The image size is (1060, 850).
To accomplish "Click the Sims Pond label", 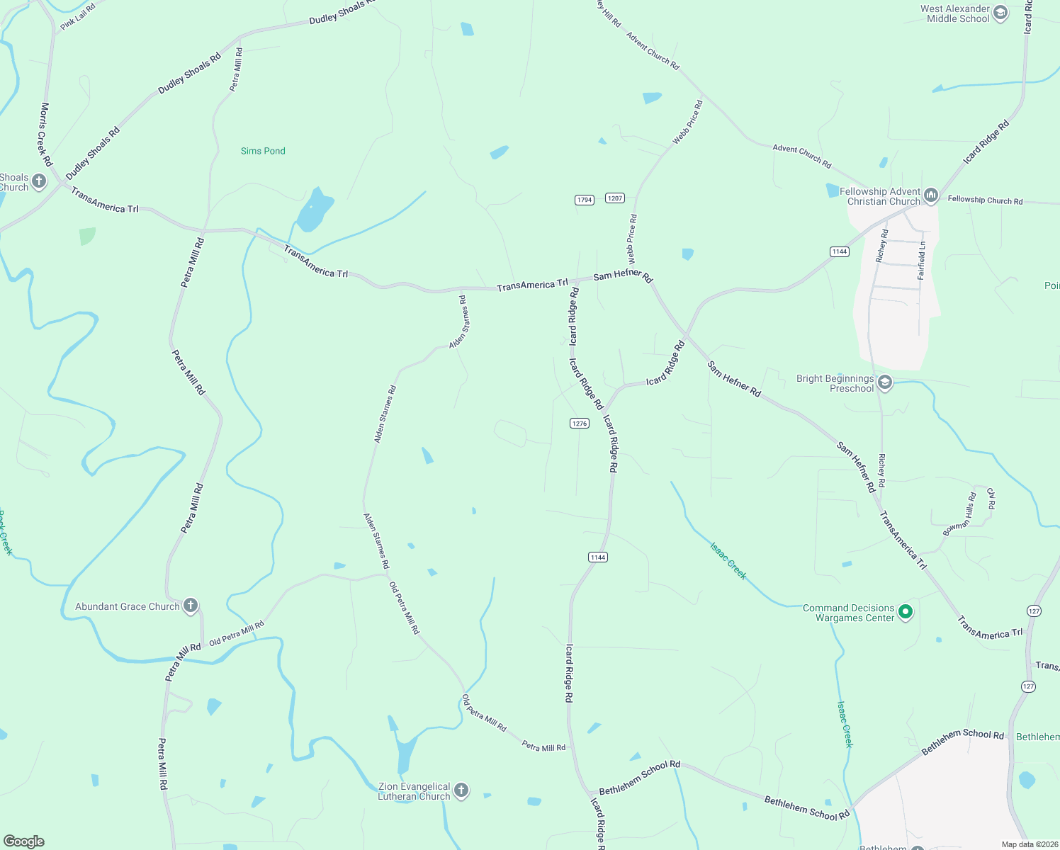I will [x=263, y=151].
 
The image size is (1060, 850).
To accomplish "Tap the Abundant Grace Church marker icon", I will [x=190, y=606].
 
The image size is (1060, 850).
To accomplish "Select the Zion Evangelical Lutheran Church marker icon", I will [x=461, y=790].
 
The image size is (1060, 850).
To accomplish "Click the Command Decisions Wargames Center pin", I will [x=905, y=611].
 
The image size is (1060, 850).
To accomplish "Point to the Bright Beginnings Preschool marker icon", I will [x=884, y=383].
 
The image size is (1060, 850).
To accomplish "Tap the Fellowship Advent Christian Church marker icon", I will [x=931, y=195].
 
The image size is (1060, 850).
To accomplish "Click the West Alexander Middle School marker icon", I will [x=1000, y=13].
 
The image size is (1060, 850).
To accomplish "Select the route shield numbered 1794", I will [x=585, y=200].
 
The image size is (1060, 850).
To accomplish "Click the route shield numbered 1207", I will [x=615, y=198].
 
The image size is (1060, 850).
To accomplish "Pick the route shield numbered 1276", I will [x=580, y=423].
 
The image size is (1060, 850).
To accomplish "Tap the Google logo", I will [x=24, y=841].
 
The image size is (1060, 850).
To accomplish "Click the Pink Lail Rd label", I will [x=78, y=16].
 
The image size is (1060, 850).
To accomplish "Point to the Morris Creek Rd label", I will [x=45, y=135].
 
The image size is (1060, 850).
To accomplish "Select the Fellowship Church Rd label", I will [x=985, y=200].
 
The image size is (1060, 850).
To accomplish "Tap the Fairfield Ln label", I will [x=922, y=261].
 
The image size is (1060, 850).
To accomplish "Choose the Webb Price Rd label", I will [x=687, y=123].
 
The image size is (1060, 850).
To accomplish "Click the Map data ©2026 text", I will [x=1028, y=844].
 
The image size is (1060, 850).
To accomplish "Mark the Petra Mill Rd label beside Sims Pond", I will [x=236, y=69].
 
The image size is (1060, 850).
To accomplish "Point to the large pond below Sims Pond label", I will [x=315, y=210].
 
